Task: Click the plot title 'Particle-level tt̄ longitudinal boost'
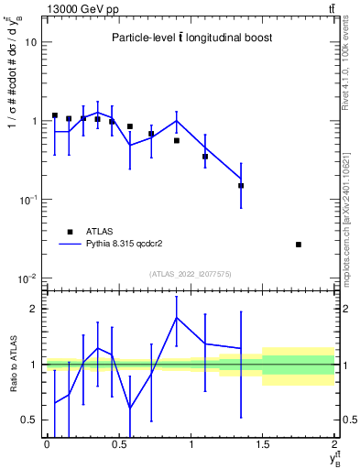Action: click(x=191, y=38)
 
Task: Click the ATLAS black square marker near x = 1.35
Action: click(x=241, y=186)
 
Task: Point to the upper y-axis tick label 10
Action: click(x=31, y=42)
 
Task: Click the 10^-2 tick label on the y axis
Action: click(x=27, y=278)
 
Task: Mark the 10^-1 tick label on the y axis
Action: click(x=27, y=200)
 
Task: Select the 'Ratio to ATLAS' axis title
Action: click(x=12, y=364)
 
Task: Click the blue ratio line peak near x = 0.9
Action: click(x=176, y=318)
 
